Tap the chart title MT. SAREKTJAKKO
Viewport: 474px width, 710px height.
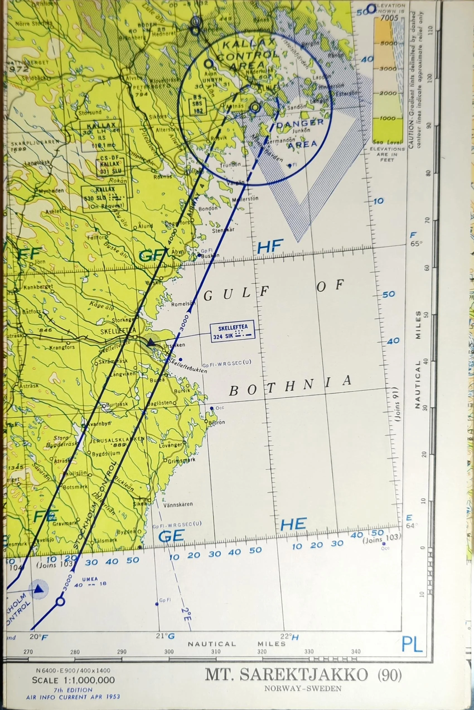pos(286,675)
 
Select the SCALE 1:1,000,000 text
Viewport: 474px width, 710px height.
pos(73,680)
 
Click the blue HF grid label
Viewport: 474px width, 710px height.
pos(270,246)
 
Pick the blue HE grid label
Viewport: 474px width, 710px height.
pos(293,524)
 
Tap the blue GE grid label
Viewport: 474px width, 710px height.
pos(171,536)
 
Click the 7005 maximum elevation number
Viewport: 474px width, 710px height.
pos(389,18)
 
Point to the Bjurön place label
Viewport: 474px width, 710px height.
pos(217,422)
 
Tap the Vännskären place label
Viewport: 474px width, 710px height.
pos(178,505)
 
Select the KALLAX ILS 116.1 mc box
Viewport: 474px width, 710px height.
pos(101,135)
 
